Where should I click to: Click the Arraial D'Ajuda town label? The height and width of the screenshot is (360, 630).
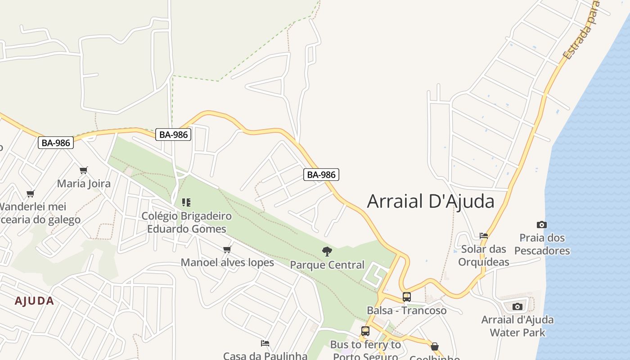[431, 201]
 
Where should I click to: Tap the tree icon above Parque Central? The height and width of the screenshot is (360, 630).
[327, 252]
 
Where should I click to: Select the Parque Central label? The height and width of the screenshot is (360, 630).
[327, 265]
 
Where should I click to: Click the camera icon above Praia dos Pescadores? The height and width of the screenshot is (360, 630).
[542, 225]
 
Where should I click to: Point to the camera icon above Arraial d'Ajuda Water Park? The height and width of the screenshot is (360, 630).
[517, 306]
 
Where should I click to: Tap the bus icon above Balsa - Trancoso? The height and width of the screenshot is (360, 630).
[407, 297]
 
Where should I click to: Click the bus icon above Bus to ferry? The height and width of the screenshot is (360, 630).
[365, 331]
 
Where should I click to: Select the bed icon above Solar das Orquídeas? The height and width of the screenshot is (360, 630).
[484, 235]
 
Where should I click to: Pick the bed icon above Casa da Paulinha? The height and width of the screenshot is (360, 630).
[265, 343]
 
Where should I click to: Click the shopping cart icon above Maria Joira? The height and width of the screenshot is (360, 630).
[84, 170]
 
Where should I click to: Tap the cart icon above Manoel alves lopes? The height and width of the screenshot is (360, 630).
[227, 249]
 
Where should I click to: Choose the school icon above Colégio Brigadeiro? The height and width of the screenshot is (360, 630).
[186, 202]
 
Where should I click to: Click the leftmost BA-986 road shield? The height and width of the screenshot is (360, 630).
[55, 143]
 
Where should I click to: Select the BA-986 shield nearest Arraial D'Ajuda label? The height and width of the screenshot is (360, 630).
[321, 175]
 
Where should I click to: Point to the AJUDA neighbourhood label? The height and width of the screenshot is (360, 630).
[34, 301]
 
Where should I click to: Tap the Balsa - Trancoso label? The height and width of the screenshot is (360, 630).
[407, 310]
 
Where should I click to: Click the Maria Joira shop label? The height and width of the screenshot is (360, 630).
[84, 183]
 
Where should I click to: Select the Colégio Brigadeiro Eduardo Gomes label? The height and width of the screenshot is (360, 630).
[187, 222]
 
